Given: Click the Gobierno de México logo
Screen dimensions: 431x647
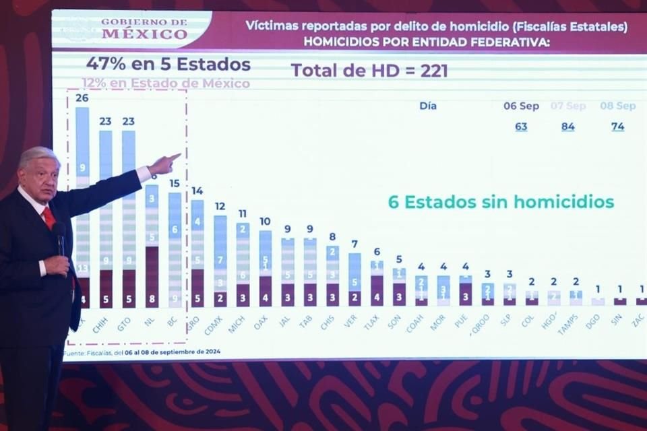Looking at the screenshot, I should point(144,29).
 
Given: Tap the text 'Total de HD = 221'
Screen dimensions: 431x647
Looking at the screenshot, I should point(369,71).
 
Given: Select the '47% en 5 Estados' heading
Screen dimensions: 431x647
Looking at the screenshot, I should point(168,65).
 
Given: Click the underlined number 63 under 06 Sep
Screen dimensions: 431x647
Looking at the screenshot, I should point(521,127).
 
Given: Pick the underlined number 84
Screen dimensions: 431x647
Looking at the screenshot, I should point(568,127).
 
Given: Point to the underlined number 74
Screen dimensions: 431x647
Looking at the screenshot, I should point(617,127).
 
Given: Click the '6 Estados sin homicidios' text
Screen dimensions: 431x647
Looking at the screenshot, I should point(501,201).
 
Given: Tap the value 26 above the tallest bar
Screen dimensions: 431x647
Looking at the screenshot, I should point(82,98).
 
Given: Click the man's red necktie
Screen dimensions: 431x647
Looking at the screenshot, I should point(49,217).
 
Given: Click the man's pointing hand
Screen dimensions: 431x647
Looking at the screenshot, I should point(164,162).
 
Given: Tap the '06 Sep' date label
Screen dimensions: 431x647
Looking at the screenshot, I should point(521,106).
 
